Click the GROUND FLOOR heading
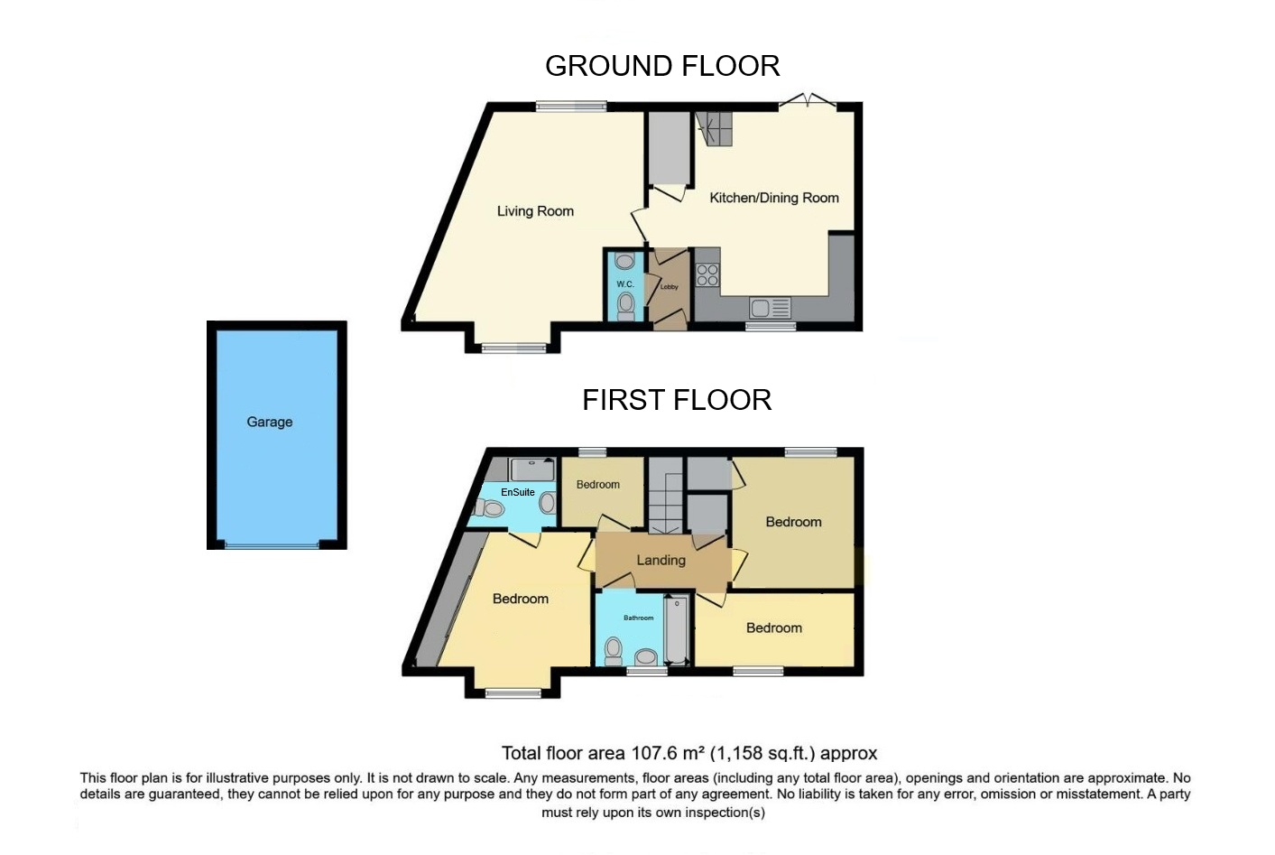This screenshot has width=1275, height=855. (x=662, y=66)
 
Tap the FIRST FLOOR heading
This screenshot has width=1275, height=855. (x=677, y=400)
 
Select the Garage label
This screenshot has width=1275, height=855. (x=269, y=423)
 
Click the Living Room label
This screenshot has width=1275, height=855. (x=535, y=211)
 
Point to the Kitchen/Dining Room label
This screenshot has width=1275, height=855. (x=774, y=198)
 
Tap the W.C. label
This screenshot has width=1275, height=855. (x=625, y=284)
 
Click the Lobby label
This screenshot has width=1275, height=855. (x=670, y=287)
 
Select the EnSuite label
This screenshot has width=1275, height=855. (x=517, y=492)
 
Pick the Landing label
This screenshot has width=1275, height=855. (x=661, y=560)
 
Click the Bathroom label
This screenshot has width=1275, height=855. (x=638, y=618)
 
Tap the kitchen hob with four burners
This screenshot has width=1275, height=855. (x=707, y=274)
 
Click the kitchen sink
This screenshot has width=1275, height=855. (x=770, y=308)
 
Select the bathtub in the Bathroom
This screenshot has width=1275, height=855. (x=676, y=630)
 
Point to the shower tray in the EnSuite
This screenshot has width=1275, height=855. (x=531, y=469)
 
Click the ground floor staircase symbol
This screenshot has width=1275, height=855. (x=714, y=129)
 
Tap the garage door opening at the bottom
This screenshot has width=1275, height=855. (x=273, y=545)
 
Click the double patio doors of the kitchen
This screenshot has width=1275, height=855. (x=808, y=101)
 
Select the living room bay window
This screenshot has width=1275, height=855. (x=513, y=348)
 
